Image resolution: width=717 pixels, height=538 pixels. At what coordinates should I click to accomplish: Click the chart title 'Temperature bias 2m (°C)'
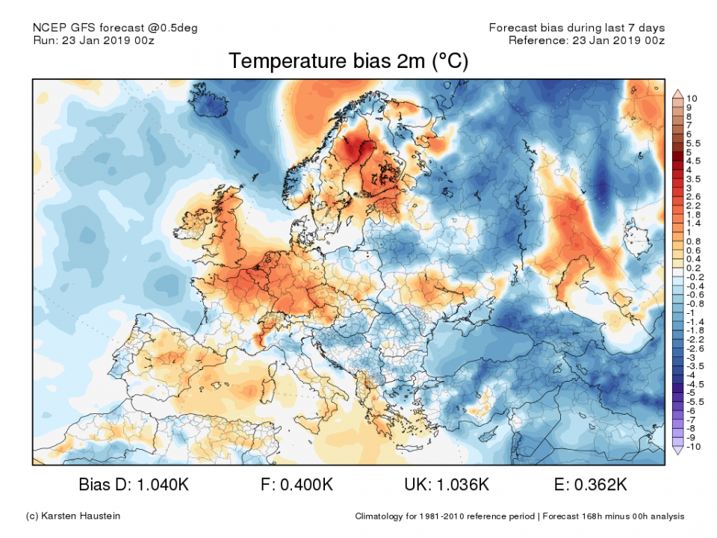pos(348,61)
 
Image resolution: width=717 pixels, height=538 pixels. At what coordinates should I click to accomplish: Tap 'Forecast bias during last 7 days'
pos(576,28)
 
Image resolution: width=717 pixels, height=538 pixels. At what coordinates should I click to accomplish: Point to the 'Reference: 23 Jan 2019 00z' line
pos(586,40)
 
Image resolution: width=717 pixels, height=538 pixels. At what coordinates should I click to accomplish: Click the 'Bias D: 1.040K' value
pos(134,485)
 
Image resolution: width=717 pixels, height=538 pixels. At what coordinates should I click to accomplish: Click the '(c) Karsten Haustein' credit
pos(72,516)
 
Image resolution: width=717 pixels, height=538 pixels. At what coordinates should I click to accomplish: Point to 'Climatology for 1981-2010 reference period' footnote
pos(445,516)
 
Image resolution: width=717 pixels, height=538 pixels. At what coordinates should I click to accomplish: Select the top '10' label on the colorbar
pos(691,99)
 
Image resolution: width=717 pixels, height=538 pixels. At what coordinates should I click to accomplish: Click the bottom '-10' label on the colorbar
pos(692,447)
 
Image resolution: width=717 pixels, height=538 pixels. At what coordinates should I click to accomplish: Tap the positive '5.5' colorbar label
pos(692,143)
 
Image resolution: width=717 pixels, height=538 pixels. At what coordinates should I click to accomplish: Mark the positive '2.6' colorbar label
pos(692,197)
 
